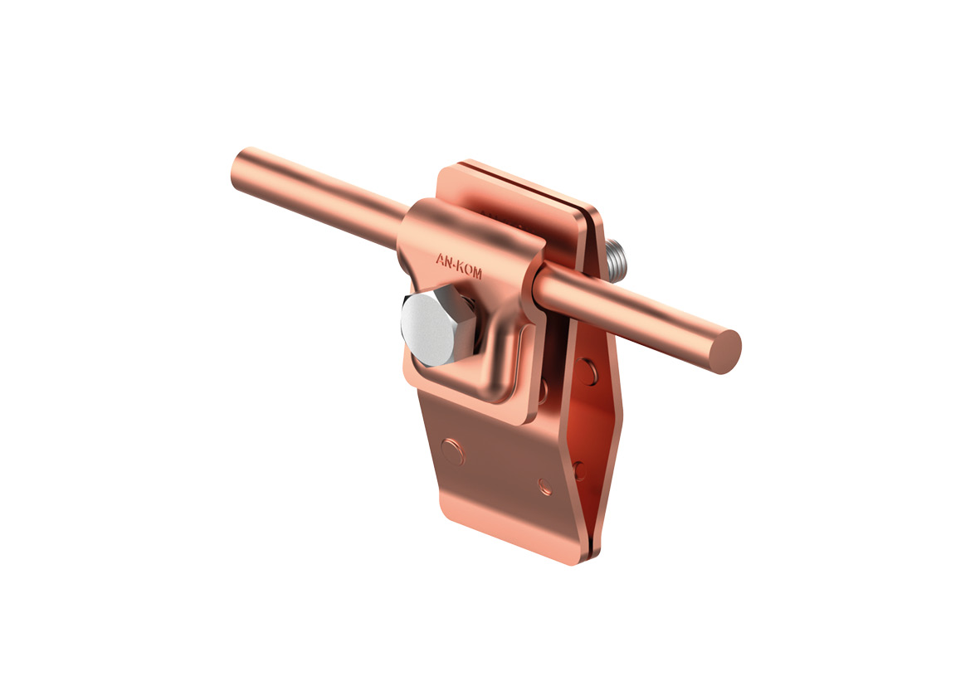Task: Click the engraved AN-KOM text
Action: point(459,265)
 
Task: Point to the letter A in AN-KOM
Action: point(440,259)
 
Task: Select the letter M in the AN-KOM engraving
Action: point(477,272)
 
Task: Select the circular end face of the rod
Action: point(725,352)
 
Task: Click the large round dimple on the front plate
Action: point(452,451)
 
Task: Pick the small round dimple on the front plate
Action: point(545,487)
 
